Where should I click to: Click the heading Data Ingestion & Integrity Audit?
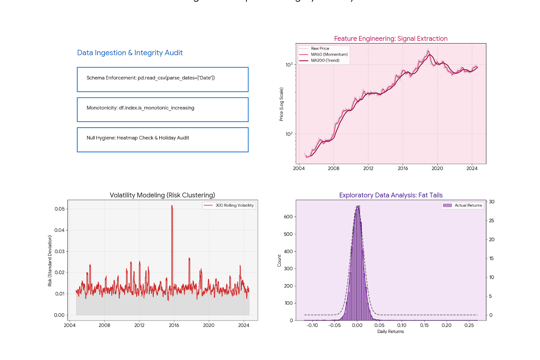tap(130, 53)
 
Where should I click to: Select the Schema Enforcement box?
tap(162, 79)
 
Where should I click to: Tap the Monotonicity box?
tap(162, 109)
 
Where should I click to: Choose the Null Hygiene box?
tap(162, 139)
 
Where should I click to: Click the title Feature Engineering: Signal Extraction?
tap(390, 38)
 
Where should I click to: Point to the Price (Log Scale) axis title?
tap(281, 104)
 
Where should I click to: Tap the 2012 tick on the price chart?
tap(368, 168)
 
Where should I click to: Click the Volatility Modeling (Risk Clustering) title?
tap(162, 195)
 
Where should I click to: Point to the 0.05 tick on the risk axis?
tap(59, 209)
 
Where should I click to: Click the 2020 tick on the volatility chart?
tap(209, 325)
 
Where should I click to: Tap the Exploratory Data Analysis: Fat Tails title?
tap(390, 195)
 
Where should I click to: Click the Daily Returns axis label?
tap(390, 332)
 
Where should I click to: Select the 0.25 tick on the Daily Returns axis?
tap(469, 325)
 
